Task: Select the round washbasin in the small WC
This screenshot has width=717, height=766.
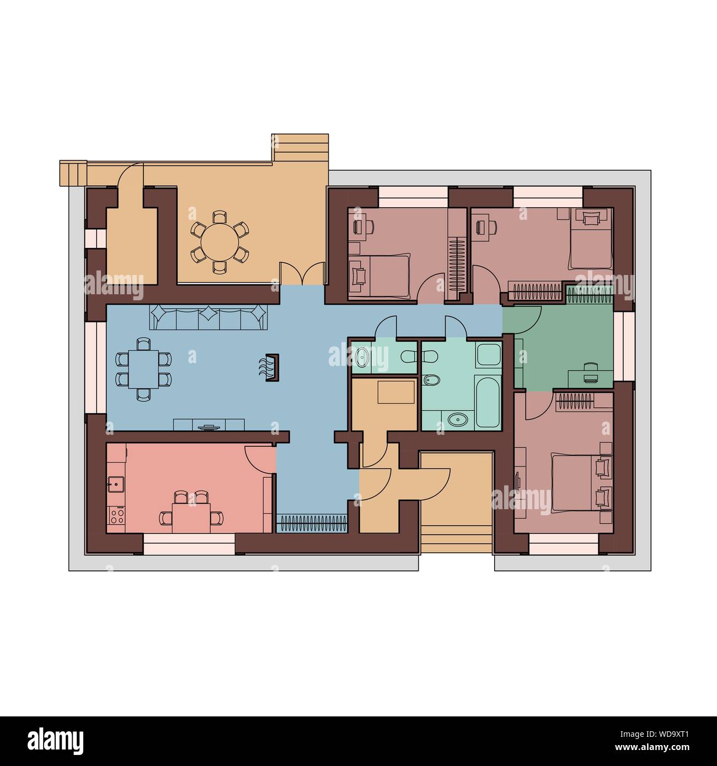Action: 362,357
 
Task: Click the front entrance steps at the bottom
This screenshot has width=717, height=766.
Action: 456,543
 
